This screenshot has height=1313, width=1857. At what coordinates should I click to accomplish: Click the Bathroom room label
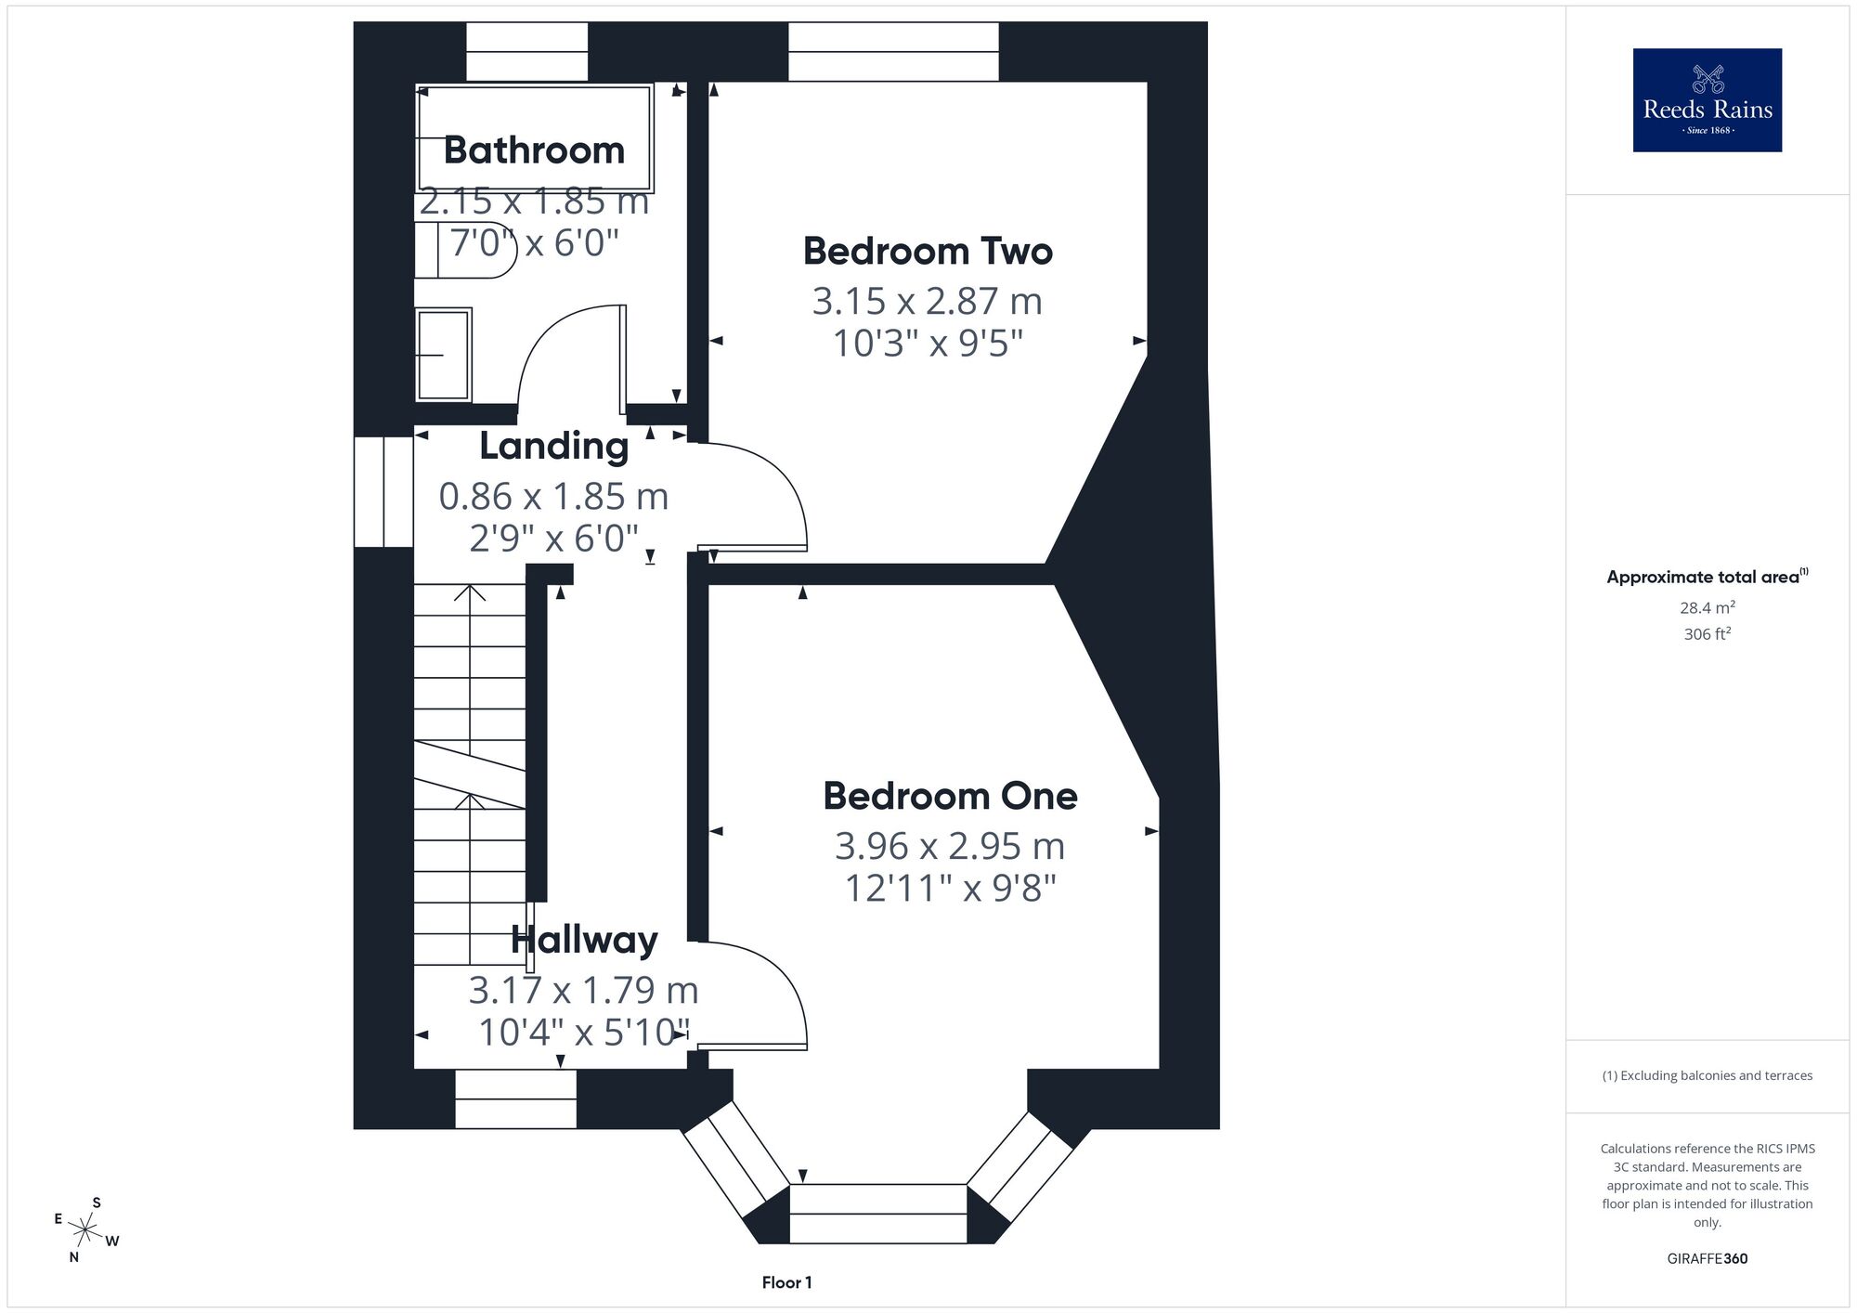(534, 150)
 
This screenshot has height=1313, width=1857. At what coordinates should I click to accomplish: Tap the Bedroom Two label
(928, 251)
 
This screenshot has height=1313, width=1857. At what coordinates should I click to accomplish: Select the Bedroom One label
(950, 796)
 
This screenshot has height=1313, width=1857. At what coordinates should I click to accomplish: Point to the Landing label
(554, 446)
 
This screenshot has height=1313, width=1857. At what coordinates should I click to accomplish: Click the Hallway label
(585, 940)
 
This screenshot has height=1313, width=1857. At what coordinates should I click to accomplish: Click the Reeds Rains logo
(1708, 100)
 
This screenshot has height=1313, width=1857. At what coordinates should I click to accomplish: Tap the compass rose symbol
(85, 1230)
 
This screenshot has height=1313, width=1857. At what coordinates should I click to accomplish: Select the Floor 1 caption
(786, 1282)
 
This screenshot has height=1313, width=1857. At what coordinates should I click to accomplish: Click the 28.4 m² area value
(1708, 608)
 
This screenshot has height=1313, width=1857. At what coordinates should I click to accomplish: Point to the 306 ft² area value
(1708, 634)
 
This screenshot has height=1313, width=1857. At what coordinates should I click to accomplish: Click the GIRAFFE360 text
(1708, 1259)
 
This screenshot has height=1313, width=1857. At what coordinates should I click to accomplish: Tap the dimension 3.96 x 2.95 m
(950, 846)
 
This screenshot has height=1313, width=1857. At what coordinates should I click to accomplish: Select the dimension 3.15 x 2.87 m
(928, 301)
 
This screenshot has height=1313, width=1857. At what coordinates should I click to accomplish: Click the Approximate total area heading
(1708, 577)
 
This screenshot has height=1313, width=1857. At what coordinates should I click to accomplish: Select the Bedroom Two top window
(893, 52)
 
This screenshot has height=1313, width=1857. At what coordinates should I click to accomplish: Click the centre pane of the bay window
(878, 1214)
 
